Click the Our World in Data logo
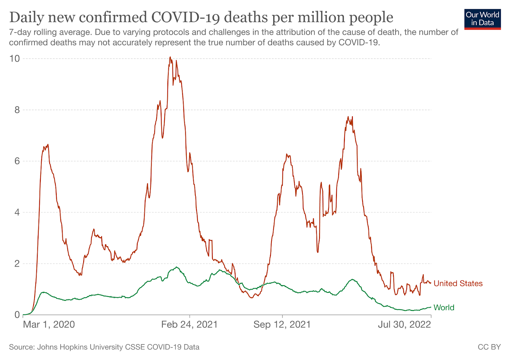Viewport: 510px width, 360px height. point(482,19)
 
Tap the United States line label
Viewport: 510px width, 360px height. point(458,283)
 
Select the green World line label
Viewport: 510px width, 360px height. point(444,307)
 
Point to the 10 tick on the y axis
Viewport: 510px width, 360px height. point(15,59)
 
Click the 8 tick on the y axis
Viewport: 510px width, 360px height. point(17,110)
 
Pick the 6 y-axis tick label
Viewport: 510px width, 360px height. point(17,161)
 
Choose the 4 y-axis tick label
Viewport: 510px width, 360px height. point(17,212)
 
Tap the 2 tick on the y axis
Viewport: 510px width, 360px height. point(17,264)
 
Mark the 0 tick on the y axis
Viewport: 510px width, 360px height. point(17,315)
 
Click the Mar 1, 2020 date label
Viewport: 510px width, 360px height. point(49,325)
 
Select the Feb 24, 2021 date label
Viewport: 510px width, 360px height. point(189,325)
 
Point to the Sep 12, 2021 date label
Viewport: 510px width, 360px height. point(282,325)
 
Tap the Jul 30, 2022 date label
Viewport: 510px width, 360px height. point(404,325)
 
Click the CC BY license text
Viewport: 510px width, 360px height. point(489,347)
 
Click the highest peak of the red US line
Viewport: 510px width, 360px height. point(170,57)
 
